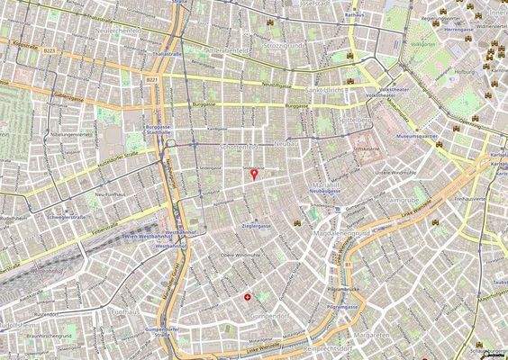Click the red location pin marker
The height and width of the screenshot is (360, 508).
coord(254,174)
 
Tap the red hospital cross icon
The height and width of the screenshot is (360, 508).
coord(249,296)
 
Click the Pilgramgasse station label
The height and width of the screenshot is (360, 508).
coord(344,307)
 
